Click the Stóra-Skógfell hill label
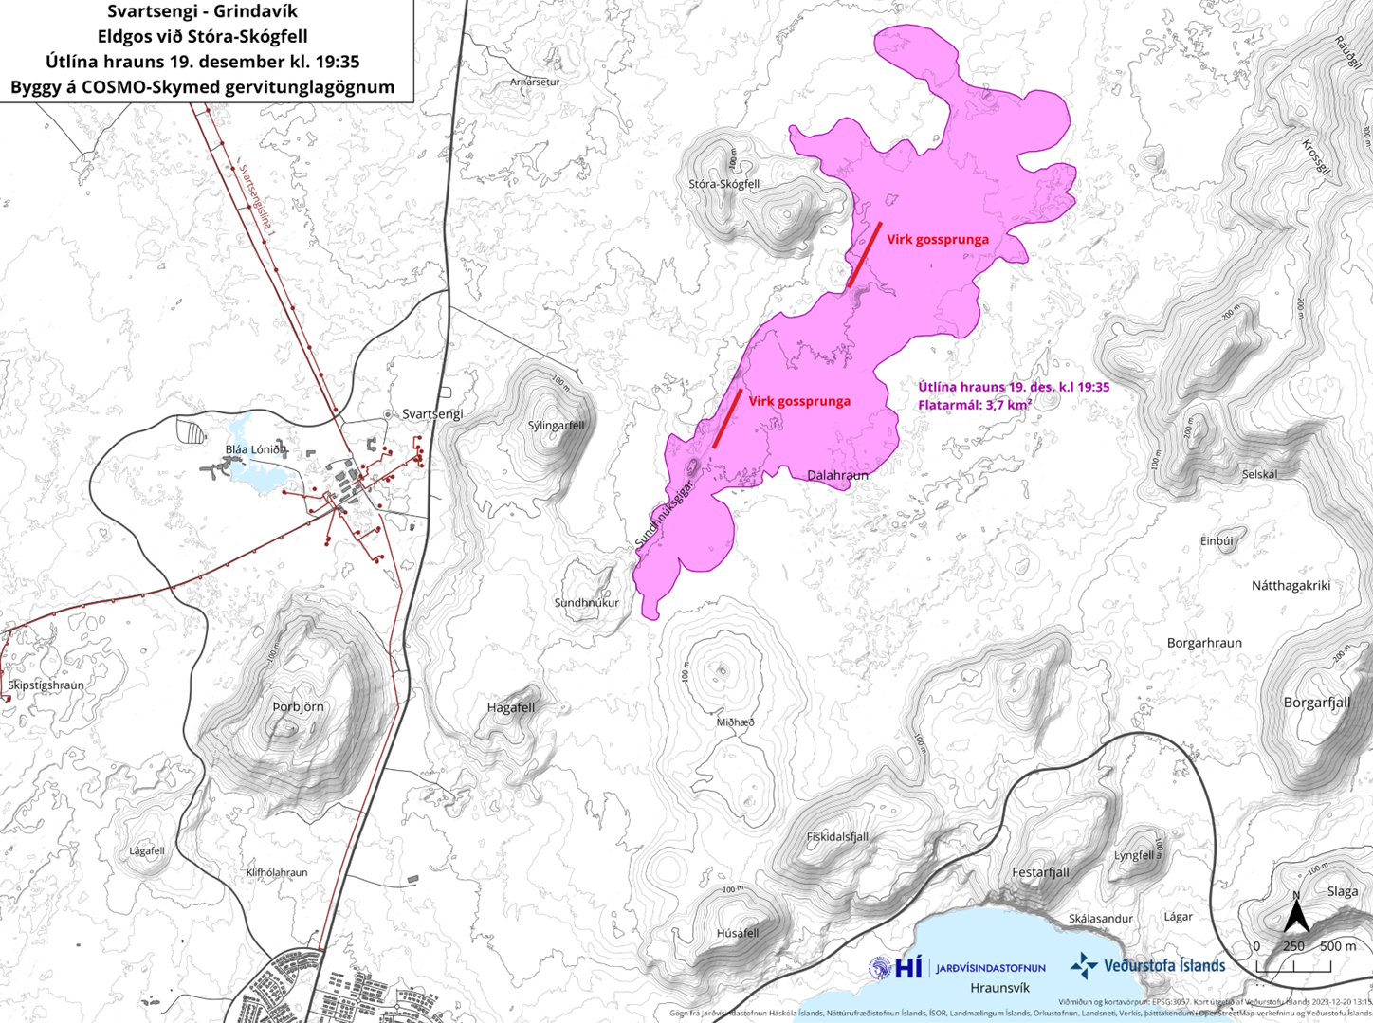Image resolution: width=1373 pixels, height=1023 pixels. [723, 184]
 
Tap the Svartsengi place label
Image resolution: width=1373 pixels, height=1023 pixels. [432, 414]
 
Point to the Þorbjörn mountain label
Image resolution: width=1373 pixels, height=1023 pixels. [298, 706]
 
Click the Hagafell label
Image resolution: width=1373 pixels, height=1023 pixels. [510, 707]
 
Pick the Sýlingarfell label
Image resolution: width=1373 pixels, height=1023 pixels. [556, 425]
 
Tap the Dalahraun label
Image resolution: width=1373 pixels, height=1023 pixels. [837, 474]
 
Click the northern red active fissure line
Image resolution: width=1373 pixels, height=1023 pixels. [865, 254]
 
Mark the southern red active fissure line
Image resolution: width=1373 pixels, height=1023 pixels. [727, 418]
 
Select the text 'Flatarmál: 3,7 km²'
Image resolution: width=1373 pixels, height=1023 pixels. [975, 405]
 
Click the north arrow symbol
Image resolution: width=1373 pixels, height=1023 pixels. [1296, 915]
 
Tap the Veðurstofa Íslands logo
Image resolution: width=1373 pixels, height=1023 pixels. [1147, 966]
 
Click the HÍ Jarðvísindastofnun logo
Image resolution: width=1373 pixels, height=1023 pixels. [958, 968]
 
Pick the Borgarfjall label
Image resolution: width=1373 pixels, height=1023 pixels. [1316, 703]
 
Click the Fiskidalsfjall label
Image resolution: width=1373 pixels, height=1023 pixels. [837, 837]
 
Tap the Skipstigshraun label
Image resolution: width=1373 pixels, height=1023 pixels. [46, 685]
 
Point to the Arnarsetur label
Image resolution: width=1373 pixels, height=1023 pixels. [535, 82]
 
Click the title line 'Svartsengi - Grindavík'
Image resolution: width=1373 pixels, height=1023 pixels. [202, 13]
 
